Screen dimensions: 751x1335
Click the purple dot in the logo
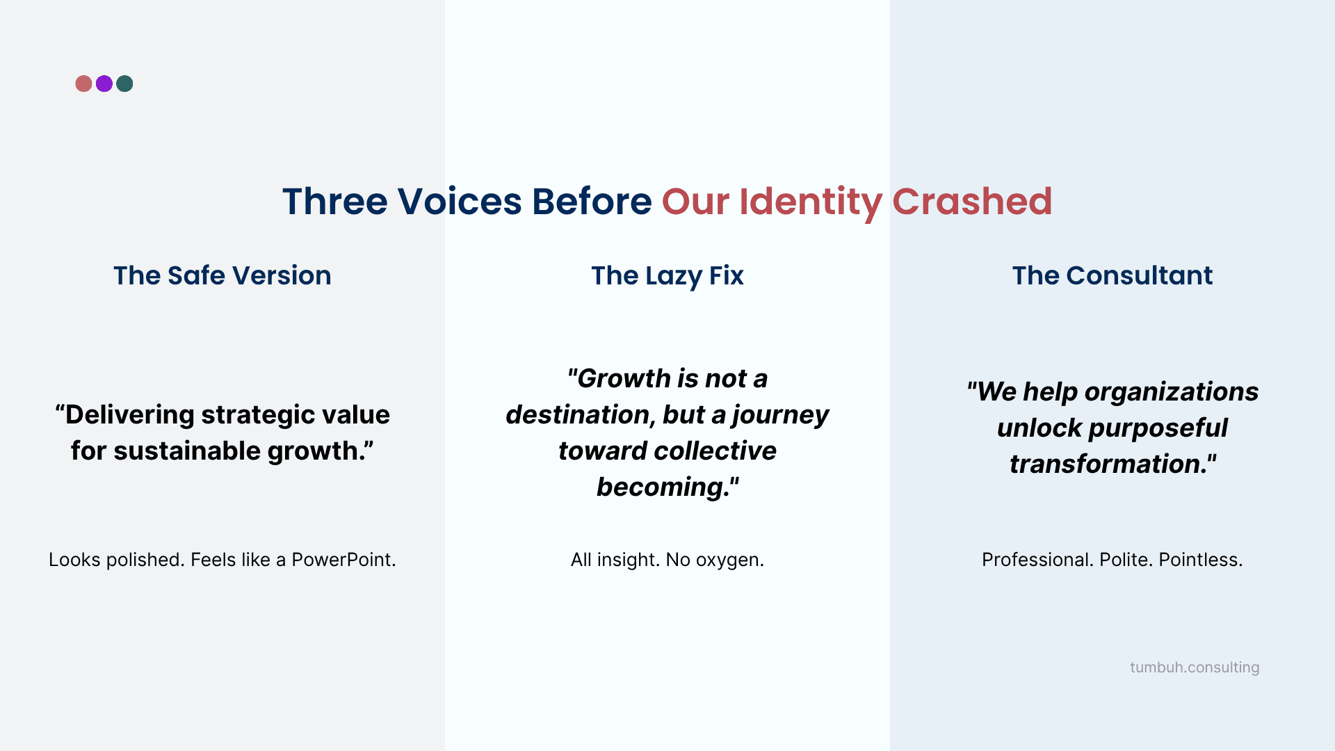pos(104,84)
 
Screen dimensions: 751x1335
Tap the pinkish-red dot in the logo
pos(83,84)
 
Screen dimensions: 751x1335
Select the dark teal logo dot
pos(125,84)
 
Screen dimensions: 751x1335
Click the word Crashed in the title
pos(971,202)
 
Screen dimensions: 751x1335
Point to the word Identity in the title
pos(810,202)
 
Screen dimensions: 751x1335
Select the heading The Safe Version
pos(222,275)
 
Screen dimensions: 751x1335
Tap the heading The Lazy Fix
pos(667,275)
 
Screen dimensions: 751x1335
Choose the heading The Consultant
pos(1112,275)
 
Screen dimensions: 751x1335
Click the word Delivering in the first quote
pos(129,414)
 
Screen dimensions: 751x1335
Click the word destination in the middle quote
pos(579,414)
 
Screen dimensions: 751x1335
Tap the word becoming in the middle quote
pos(663,487)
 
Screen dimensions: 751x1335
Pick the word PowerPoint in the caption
pos(343,560)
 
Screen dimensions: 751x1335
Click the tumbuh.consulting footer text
pos(1195,668)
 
